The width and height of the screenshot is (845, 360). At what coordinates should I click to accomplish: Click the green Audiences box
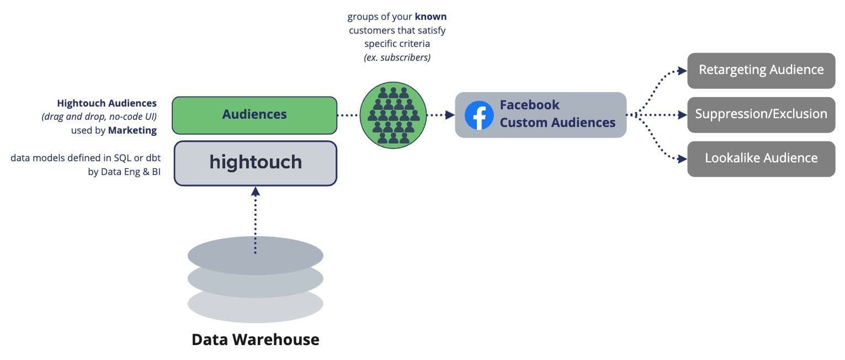tap(254, 115)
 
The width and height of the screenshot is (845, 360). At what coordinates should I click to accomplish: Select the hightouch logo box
tap(255, 163)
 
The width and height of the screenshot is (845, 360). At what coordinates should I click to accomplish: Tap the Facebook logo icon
tap(479, 115)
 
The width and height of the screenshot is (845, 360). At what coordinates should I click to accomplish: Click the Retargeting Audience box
tap(761, 70)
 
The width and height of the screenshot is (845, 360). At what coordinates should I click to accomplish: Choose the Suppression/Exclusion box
tap(761, 114)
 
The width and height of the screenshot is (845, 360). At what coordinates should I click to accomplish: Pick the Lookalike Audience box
tap(761, 158)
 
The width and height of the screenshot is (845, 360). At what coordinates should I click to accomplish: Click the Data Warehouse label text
tap(255, 339)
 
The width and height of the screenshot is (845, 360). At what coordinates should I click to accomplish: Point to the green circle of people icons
tap(393, 115)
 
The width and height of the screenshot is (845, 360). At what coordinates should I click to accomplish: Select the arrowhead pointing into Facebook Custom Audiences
tap(450, 115)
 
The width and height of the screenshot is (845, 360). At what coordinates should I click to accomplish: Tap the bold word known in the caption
tap(431, 17)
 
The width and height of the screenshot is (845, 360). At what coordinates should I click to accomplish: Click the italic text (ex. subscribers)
tap(397, 57)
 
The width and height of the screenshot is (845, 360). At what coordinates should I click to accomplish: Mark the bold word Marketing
tap(132, 130)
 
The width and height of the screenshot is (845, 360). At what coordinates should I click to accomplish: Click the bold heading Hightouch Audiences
tap(107, 103)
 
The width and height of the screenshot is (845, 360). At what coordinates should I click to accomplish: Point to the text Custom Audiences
tap(557, 123)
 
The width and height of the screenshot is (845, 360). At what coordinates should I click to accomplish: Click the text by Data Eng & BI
tap(124, 172)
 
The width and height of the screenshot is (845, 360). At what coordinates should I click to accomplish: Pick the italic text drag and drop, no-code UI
tap(99, 117)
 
